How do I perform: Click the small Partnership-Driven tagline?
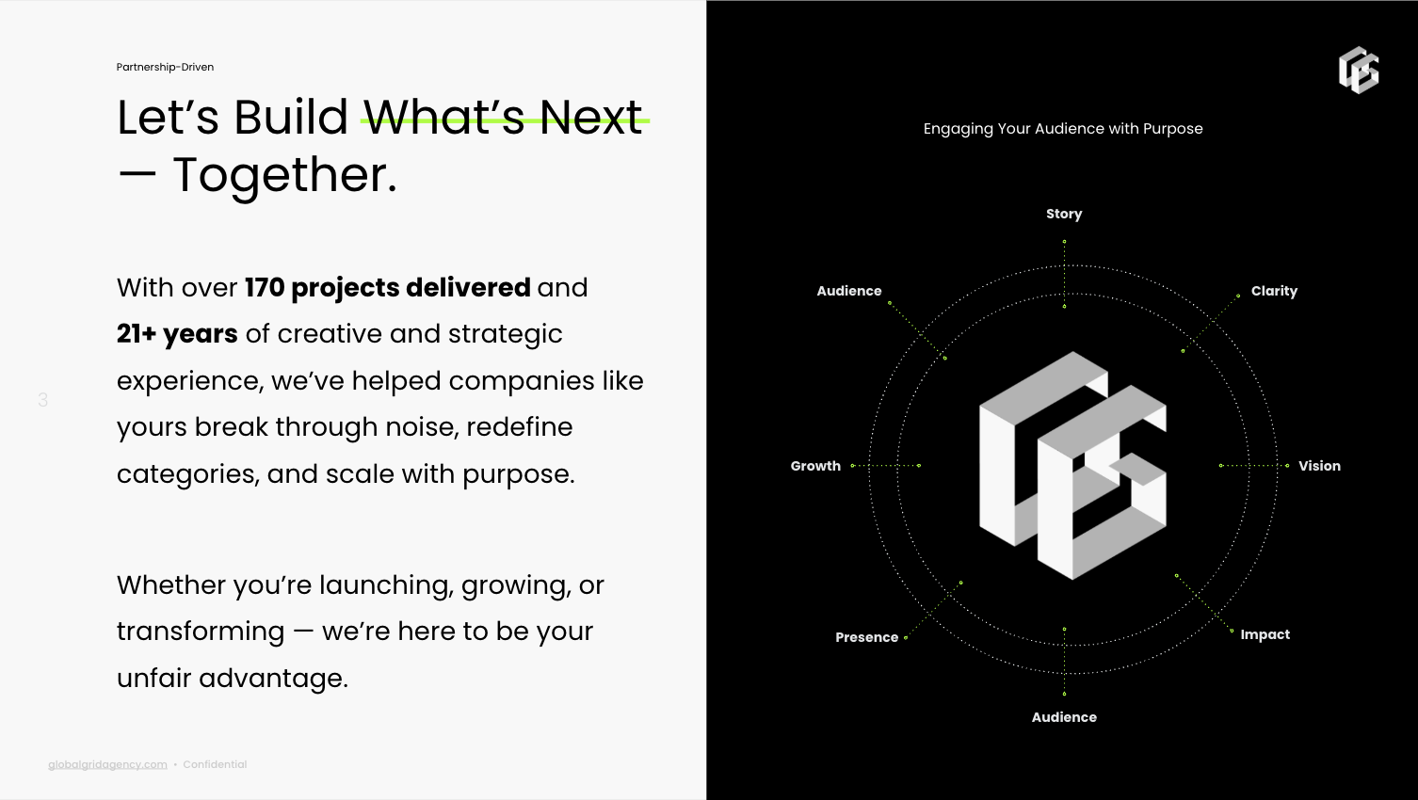click(165, 67)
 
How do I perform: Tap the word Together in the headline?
click(285, 175)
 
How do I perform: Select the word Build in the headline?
click(291, 117)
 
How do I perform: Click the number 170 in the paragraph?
click(265, 288)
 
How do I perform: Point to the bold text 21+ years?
click(177, 334)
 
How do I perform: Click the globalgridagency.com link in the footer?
click(107, 764)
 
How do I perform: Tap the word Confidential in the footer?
click(215, 764)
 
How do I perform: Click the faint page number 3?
click(43, 400)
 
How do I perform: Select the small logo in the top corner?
click(1359, 71)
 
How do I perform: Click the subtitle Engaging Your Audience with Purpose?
click(1063, 129)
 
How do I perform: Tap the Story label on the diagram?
click(1064, 214)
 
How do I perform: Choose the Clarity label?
click(1274, 291)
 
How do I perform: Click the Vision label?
click(1320, 466)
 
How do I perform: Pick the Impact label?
click(1265, 634)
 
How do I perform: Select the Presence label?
click(866, 637)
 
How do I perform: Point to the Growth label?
click(815, 466)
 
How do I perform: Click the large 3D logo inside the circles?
click(1072, 465)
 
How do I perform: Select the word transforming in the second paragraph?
click(201, 632)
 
